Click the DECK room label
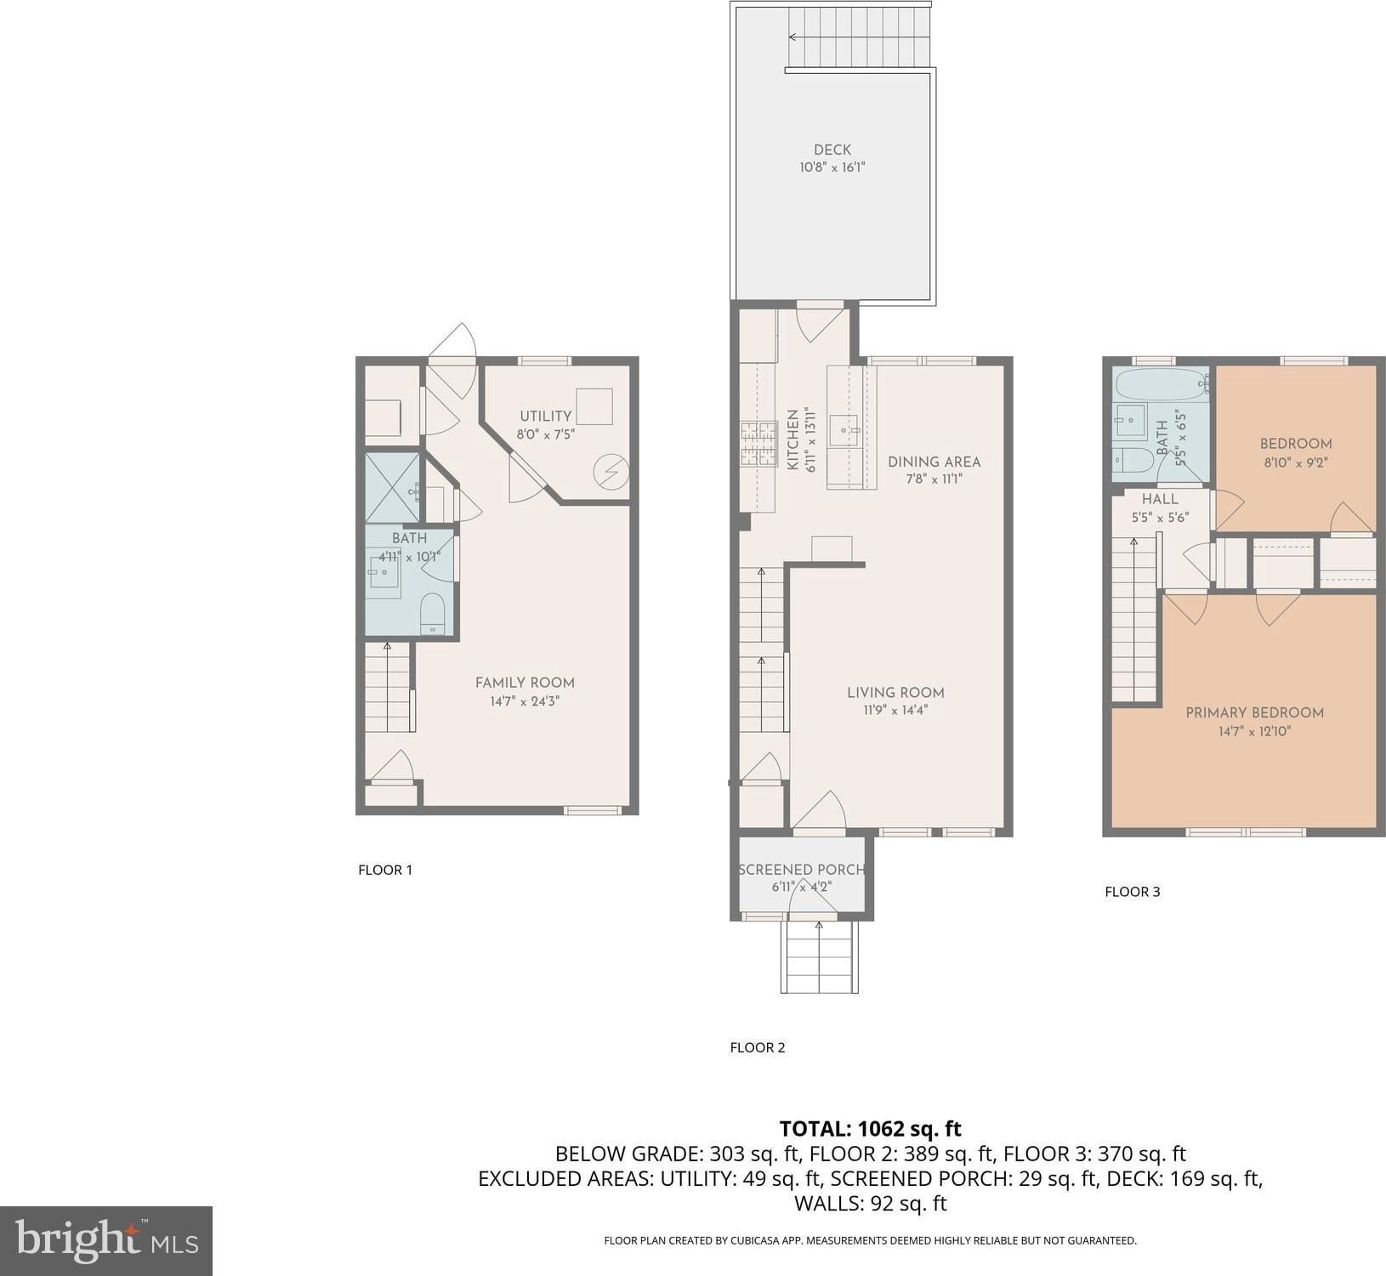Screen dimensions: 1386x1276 832,150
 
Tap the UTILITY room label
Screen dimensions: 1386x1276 546,416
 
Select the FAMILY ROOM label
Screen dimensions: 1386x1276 525,683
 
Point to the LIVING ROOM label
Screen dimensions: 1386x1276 895,693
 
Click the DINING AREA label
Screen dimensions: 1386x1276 934,462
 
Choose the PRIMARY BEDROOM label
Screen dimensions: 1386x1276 1254,712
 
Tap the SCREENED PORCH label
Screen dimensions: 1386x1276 801,870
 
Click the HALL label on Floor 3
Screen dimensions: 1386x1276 1160,499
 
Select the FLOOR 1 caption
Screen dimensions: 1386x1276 385,870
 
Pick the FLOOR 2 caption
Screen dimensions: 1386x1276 758,1047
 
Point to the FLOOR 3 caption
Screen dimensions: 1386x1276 1132,892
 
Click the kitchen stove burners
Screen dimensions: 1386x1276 758,445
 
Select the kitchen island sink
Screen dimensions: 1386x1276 844,431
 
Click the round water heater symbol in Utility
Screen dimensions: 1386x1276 611,472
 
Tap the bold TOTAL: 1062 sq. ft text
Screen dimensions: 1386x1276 870,1129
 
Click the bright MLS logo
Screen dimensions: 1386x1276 106,1240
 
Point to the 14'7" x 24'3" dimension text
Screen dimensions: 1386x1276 525,701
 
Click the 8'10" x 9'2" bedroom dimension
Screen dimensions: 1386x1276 1296,462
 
